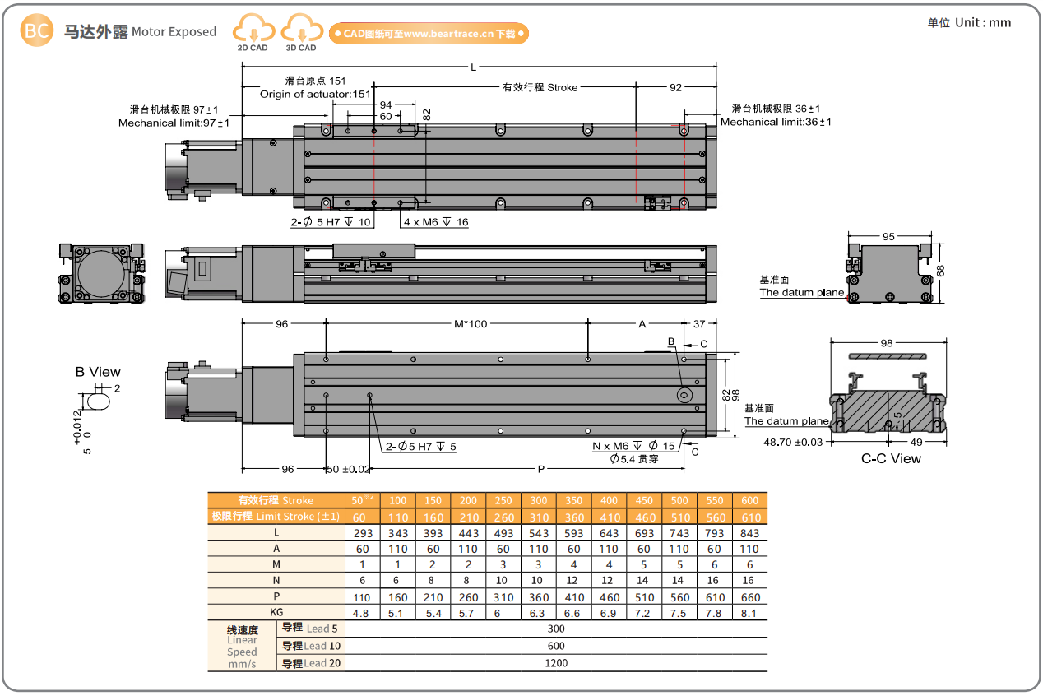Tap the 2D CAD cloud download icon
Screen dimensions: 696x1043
[x=253, y=30]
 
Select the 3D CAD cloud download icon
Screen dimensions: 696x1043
[x=301, y=30]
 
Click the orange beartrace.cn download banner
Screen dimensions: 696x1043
[x=429, y=34]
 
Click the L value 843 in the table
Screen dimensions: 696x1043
[x=749, y=533]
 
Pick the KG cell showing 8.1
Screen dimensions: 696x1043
[x=749, y=613]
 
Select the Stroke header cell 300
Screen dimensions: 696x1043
[x=539, y=500]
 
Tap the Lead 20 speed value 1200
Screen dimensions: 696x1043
[x=556, y=662]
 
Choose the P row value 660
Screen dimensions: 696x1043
[x=749, y=597]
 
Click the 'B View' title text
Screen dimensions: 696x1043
[x=98, y=372]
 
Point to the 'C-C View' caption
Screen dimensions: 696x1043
[x=891, y=459]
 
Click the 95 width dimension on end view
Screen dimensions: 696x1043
[x=888, y=237]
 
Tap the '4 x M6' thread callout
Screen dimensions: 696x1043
[x=435, y=222]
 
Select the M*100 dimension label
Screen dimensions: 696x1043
[x=471, y=324]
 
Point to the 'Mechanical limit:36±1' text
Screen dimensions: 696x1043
[x=776, y=122]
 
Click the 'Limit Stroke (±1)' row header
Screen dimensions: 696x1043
[x=275, y=517]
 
